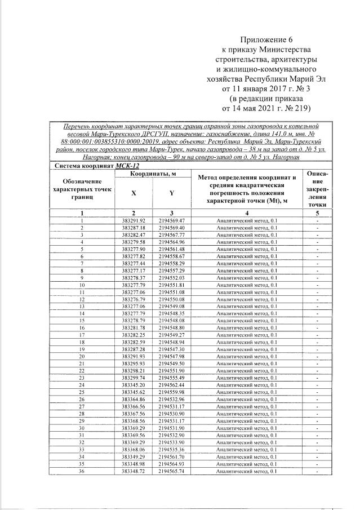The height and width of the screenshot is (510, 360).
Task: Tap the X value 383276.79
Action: [134, 299]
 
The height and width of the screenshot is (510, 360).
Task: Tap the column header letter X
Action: [134, 193]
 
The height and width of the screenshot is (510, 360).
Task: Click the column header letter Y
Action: [171, 193]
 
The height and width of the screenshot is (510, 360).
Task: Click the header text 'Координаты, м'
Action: [153, 174]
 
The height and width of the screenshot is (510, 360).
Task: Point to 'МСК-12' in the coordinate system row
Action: [127, 166]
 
